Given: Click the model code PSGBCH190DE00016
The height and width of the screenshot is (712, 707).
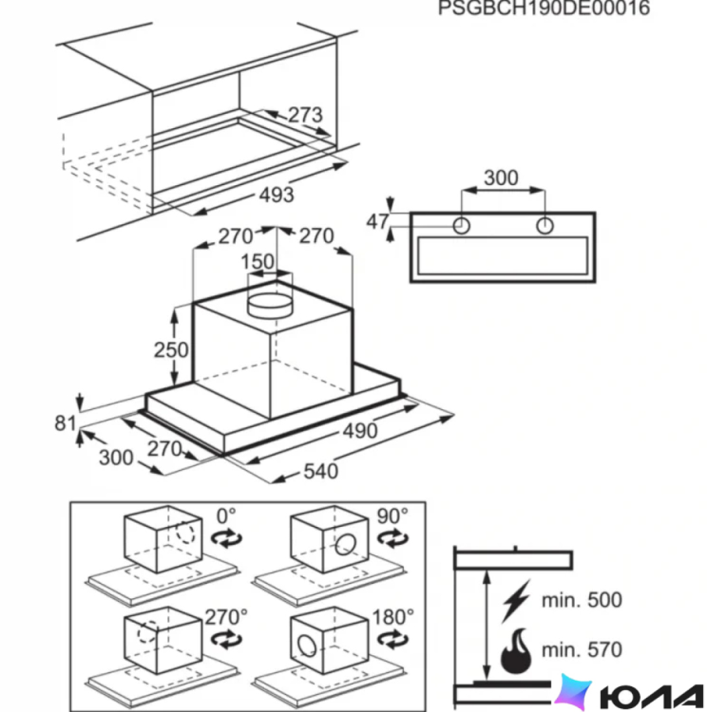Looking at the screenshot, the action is pyautogui.click(x=544, y=8).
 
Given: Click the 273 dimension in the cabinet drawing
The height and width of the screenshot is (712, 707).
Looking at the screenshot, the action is pyautogui.click(x=305, y=115).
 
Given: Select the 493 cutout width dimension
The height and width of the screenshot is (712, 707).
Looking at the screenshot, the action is pyautogui.click(x=276, y=194).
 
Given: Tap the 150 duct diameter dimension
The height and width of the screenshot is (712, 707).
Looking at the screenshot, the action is pyautogui.click(x=258, y=261).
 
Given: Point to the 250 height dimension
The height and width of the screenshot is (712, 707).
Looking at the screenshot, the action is pyautogui.click(x=171, y=350).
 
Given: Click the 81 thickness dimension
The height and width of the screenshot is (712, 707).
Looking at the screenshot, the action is pyautogui.click(x=65, y=423).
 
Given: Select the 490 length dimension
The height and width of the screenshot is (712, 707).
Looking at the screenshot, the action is pyautogui.click(x=360, y=430).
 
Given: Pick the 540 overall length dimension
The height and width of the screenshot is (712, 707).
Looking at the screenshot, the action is pyautogui.click(x=320, y=471).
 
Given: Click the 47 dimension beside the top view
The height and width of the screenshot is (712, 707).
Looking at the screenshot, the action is pyautogui.click(x=378, y=221).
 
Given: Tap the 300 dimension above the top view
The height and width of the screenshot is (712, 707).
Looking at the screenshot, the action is pyautogui.click(x=501, y=177).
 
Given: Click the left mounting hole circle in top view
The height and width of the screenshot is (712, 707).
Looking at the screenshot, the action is pyautogui.click(x=462, y=226).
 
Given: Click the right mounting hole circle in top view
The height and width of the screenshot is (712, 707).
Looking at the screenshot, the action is pyautogui.click(x=545, y=226).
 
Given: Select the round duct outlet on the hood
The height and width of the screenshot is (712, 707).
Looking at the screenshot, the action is pyautogui.click(x=270, y=305).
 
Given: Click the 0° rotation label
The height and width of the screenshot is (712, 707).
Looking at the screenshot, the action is pyautogui.click(x=226, y=516).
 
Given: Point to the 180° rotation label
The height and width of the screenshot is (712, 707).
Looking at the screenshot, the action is pyautogui.click(x=393, y=617).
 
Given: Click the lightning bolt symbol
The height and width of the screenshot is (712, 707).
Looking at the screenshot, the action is pyautogui.click(x=516, y=600).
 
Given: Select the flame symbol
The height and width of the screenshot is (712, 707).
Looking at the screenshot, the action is pyautogui.click(x=516, y=651).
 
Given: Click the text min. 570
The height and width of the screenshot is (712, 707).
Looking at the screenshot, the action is pyautogui.click(x=581, y=650).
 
